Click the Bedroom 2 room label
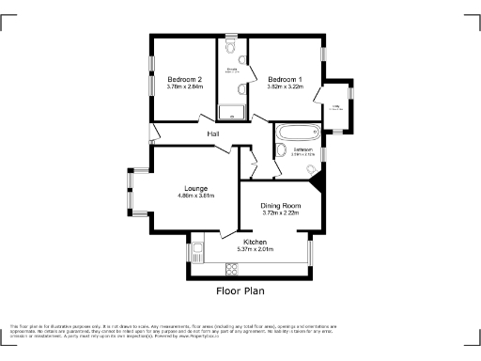pyautogui.click(x=184, y=79)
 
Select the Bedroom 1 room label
pyautogui.click(x=284, y=79)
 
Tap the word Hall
pyautogui.click(x=214, y=134)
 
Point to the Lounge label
pyautogui.click(x=196, y=186)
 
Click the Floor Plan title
pyautogui.click(x=241, y=291)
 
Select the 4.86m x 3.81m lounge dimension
pyautogui.click(x=196, y=196)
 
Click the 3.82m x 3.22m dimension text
pyautogui.click(x=284, y=87)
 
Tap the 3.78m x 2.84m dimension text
pyautogui.click(x=184, y=87)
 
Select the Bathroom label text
pyautogui.click(x=303, y=149)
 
